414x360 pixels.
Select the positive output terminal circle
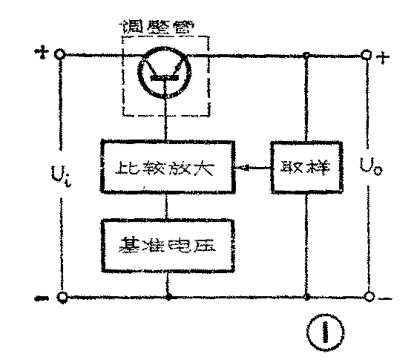[366, 56]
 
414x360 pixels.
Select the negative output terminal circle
[366, 297]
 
